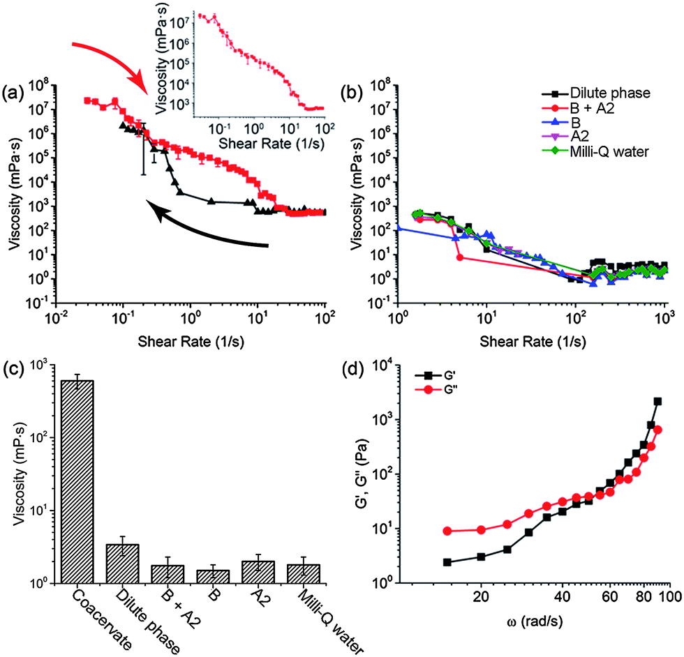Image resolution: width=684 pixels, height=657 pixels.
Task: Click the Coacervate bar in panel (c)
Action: coord(77,482)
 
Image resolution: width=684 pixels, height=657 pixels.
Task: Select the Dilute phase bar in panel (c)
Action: coord(123,564)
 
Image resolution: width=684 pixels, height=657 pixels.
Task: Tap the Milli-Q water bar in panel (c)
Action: coord(304,574)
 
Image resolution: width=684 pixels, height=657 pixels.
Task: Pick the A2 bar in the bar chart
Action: coord(258,573)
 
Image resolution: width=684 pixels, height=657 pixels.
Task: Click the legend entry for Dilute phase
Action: coord(596,93)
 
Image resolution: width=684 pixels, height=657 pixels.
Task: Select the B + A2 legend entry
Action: coord(578,107)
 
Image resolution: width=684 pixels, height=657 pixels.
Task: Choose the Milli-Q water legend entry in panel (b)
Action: coord(595,151)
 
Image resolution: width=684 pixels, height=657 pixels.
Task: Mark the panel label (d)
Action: coord(355,370)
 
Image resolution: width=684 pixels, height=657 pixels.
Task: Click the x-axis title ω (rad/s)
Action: coord(535,621)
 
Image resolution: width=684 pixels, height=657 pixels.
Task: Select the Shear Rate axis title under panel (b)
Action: coord(533,342)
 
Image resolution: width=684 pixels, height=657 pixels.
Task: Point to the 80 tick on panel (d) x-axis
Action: coord(644,596)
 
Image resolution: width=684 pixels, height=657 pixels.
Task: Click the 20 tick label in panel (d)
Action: coord(481,596)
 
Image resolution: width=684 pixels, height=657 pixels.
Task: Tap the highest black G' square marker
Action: coord(657,402)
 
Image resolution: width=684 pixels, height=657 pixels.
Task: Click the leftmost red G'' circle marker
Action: coord(447,531)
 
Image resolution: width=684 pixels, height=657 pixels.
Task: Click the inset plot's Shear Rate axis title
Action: coord(272,143)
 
